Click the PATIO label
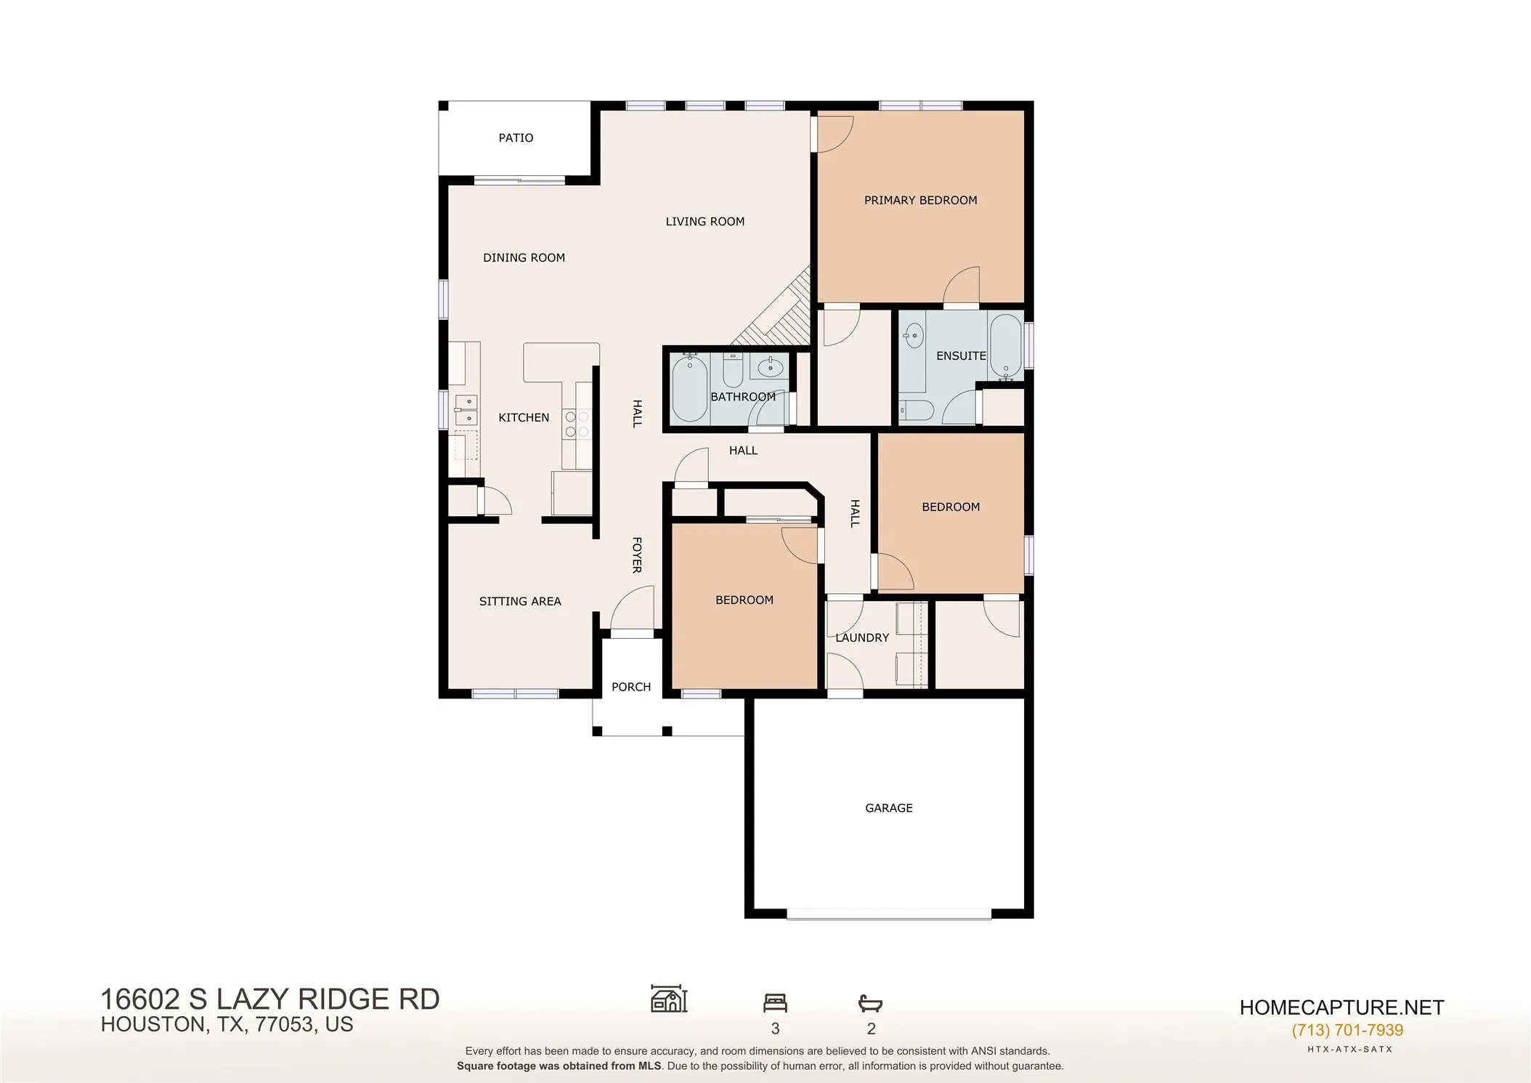[516, 138]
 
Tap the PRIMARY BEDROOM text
[920, 201]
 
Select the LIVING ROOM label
[704, 222]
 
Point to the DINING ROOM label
[524, 258]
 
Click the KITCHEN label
[524, 418]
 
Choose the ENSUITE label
[961, 356]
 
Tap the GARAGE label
[889, 808]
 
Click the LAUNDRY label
[862, 638]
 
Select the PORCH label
[631, 688]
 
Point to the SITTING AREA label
[520, 602]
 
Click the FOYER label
[637, 555]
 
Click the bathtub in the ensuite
[1006, 348]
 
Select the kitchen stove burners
[577, 424]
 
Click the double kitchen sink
[466, 410]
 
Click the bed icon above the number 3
[775, 1003]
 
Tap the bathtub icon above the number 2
[870, 1004]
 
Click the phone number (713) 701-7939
[1347, 1030]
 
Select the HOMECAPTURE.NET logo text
[1341, 1007]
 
